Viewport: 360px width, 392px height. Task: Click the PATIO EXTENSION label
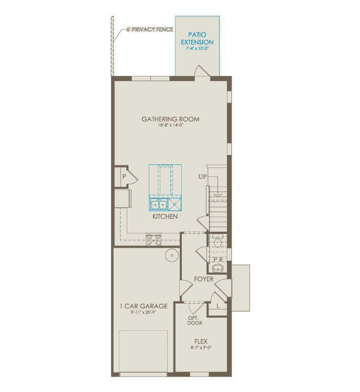tap(197, 38)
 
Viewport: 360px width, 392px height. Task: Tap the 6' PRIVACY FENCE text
tap(150, 30)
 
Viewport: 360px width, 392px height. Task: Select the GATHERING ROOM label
tap(170, 119)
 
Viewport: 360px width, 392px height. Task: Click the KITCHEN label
tap(165, 216)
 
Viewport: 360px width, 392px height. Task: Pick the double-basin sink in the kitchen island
tap(159, 205)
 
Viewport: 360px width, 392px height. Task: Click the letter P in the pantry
tap(124, 177)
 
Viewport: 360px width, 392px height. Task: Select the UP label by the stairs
tap(202, 177)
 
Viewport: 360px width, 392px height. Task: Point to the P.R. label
tap(219, 260)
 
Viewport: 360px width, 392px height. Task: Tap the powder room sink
tap(219, 269)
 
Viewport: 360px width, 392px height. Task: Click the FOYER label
tap(204, 279)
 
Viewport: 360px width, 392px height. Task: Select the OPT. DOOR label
tap(195, 320)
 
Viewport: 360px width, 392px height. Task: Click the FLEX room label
tap(201, 341)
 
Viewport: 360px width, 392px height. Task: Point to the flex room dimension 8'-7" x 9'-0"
tap(201, 348)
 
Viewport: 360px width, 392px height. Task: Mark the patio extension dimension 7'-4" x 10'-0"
tap(197, 48)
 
